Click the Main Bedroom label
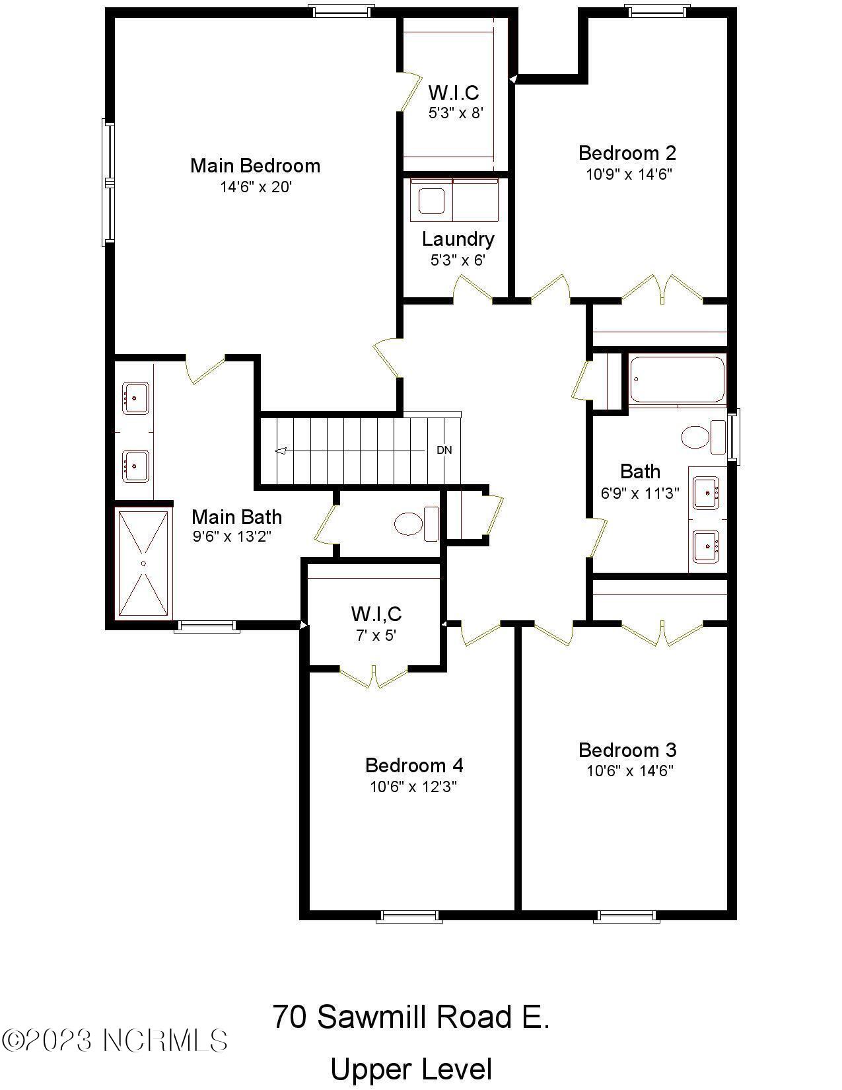255,165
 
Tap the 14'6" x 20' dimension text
256,187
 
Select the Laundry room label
458,238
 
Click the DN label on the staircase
444,450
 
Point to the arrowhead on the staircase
280,451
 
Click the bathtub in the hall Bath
677,379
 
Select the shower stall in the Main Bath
143,563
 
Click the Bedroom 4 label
414,765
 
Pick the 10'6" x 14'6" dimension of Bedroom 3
629,771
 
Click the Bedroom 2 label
627,153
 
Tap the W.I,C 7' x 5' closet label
376,624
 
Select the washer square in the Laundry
431,201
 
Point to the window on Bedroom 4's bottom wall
409,916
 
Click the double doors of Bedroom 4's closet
374,677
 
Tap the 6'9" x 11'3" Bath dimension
639,493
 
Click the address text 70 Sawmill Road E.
411,1017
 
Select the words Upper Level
411,1069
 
